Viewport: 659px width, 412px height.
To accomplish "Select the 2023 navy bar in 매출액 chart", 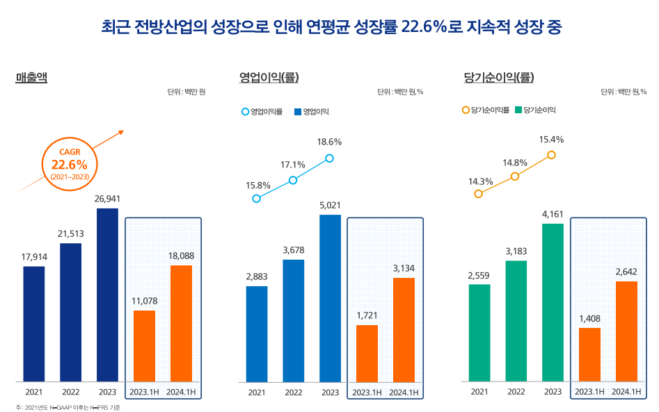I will point(107,295).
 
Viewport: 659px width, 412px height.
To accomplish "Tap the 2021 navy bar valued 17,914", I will point(33,324).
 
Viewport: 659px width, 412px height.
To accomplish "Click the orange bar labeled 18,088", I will point(181,323).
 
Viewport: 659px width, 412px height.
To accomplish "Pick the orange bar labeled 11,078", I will point(144,345).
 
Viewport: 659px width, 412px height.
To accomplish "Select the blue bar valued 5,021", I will point(330,298).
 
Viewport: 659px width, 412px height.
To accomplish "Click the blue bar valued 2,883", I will point(257,333).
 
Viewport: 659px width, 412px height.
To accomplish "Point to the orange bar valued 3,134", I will point(404,329).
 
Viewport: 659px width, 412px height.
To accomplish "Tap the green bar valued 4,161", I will point(553,302).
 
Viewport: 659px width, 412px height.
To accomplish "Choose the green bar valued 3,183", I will point(516,321).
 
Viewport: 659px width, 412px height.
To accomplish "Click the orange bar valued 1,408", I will point(589,354).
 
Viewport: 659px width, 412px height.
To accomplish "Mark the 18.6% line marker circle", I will point(330,158).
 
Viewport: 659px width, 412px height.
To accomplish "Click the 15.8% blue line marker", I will point(257,199).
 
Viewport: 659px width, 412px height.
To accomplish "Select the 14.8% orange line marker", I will point(515,176).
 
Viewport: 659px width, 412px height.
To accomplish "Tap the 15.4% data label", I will point(551,140).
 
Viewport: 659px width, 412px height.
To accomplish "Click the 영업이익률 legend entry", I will point(262,111).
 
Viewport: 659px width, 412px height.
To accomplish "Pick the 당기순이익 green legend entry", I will point(535,110).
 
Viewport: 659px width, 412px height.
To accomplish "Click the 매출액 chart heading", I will point(31,77).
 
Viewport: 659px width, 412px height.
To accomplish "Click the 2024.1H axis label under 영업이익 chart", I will point(404,393).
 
